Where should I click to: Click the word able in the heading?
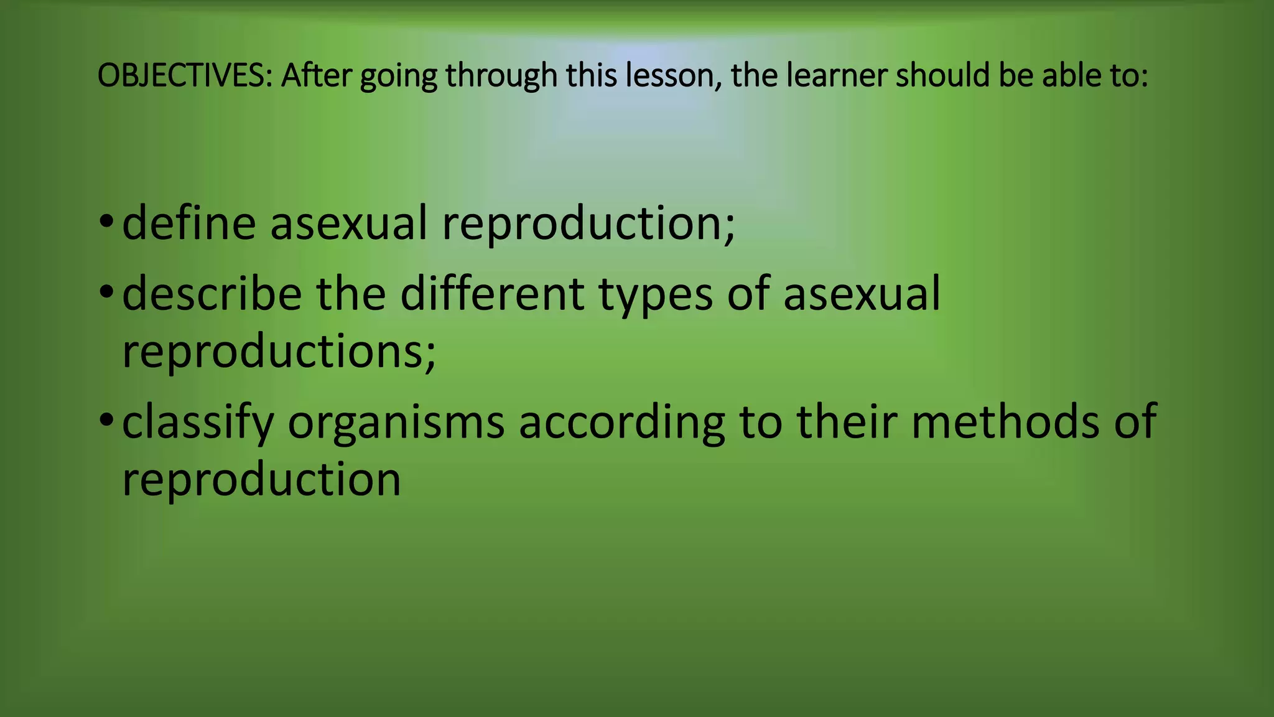[x=1068, y=76]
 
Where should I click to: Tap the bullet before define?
[x=106, y=221]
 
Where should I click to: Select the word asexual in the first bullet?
[x=348, y=223]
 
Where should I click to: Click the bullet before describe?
[x=106, y=291]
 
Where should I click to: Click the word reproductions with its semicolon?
[x=279, y=352]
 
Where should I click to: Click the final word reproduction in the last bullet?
[x=261, y=480]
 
